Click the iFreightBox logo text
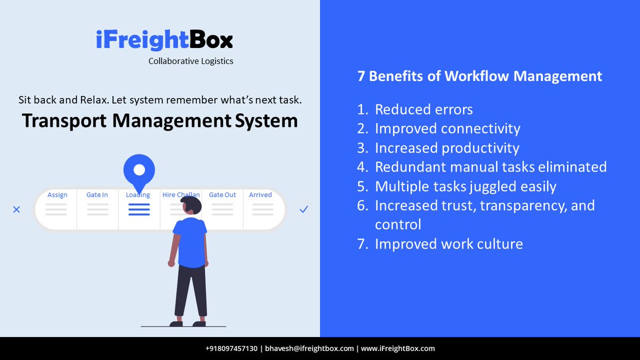164,41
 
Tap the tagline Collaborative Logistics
190,61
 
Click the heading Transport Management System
159,121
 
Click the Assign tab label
57,195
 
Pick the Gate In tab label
97,195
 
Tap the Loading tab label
138,195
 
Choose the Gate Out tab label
222,195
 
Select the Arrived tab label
260,195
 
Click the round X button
17,210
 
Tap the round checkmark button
303,210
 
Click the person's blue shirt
190,240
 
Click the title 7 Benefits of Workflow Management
479,76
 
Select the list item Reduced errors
423,110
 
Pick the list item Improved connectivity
447,129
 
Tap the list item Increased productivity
447,148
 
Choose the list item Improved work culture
449,244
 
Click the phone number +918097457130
231,349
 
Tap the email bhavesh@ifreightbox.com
309,349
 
